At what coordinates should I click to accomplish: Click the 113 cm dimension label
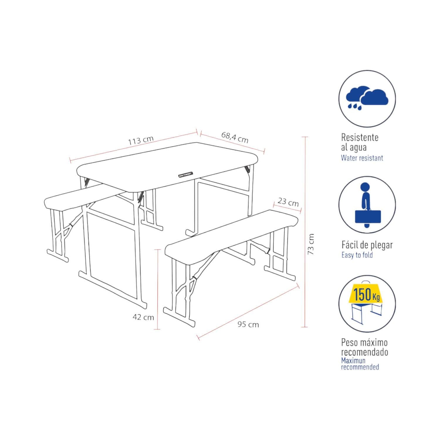pyautogui.click(x=141, y=141)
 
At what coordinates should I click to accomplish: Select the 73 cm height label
pyautogui.click(x=311, y=244)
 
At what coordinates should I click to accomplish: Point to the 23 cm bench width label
pyautogui.click(x=288, y=202)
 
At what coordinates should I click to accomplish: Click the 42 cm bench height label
pyautogui.click(x=143, y=317)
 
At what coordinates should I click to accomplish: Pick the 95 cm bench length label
pyautogui.click(x=248, y=324)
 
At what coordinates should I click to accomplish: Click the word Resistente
pyautogui.click(x=360, y=137)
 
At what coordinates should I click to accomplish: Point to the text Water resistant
pyautogui.click(x=362, y=158)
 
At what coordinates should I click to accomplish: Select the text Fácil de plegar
pyautogui.click(x=367, y=245)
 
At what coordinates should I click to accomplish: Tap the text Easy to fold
pyautogui.click(x=357, y=255)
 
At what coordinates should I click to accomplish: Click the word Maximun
pyautogui.click(x=353, y=361)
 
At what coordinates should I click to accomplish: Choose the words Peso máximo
pyautogui.click(x=364, y=342)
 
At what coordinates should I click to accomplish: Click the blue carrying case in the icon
pyautogui.click(x=368, y=217)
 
